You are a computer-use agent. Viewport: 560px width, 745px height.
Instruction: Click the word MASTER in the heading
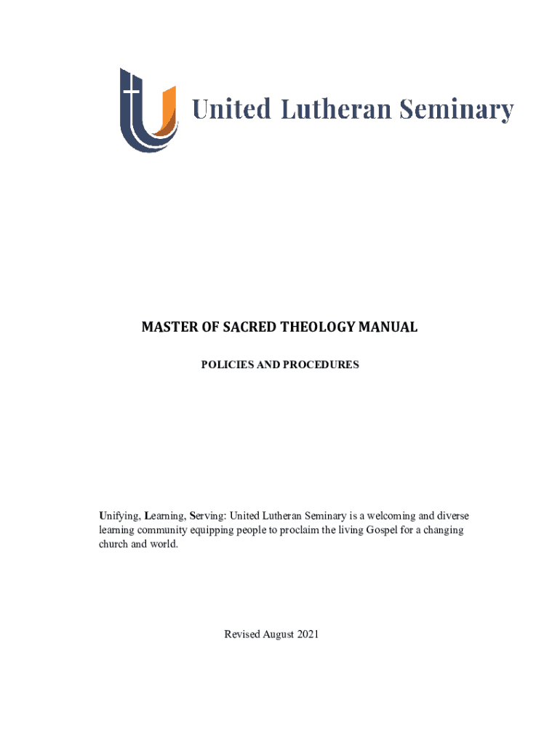168,327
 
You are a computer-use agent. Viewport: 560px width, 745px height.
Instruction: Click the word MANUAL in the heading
390,327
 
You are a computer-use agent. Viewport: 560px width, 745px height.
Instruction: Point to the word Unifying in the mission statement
119,516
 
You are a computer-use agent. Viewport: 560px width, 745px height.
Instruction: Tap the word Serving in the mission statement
207,516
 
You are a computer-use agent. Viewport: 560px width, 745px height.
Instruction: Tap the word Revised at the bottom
244,635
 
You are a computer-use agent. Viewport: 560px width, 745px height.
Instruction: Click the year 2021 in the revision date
309,635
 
